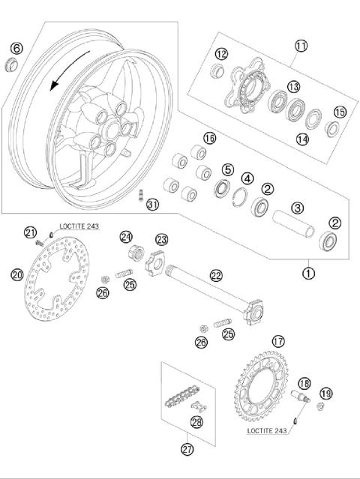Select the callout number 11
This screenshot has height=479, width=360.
click(x=301, y=46)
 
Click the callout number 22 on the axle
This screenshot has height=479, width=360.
click(x=216, y=276)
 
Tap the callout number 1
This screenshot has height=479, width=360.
click(x=308, y=273)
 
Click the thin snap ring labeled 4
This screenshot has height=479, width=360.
click(x=242, y=197)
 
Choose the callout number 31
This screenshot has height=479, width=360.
click(x=153, y=205)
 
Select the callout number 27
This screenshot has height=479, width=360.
click(x=188, y=449)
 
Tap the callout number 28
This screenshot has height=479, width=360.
click(x=197, y=422)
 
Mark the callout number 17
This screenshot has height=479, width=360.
click(x=278, y=341)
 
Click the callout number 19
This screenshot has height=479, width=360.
click(x=325, y=394)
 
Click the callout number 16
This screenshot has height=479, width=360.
click(x=209, y=139)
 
